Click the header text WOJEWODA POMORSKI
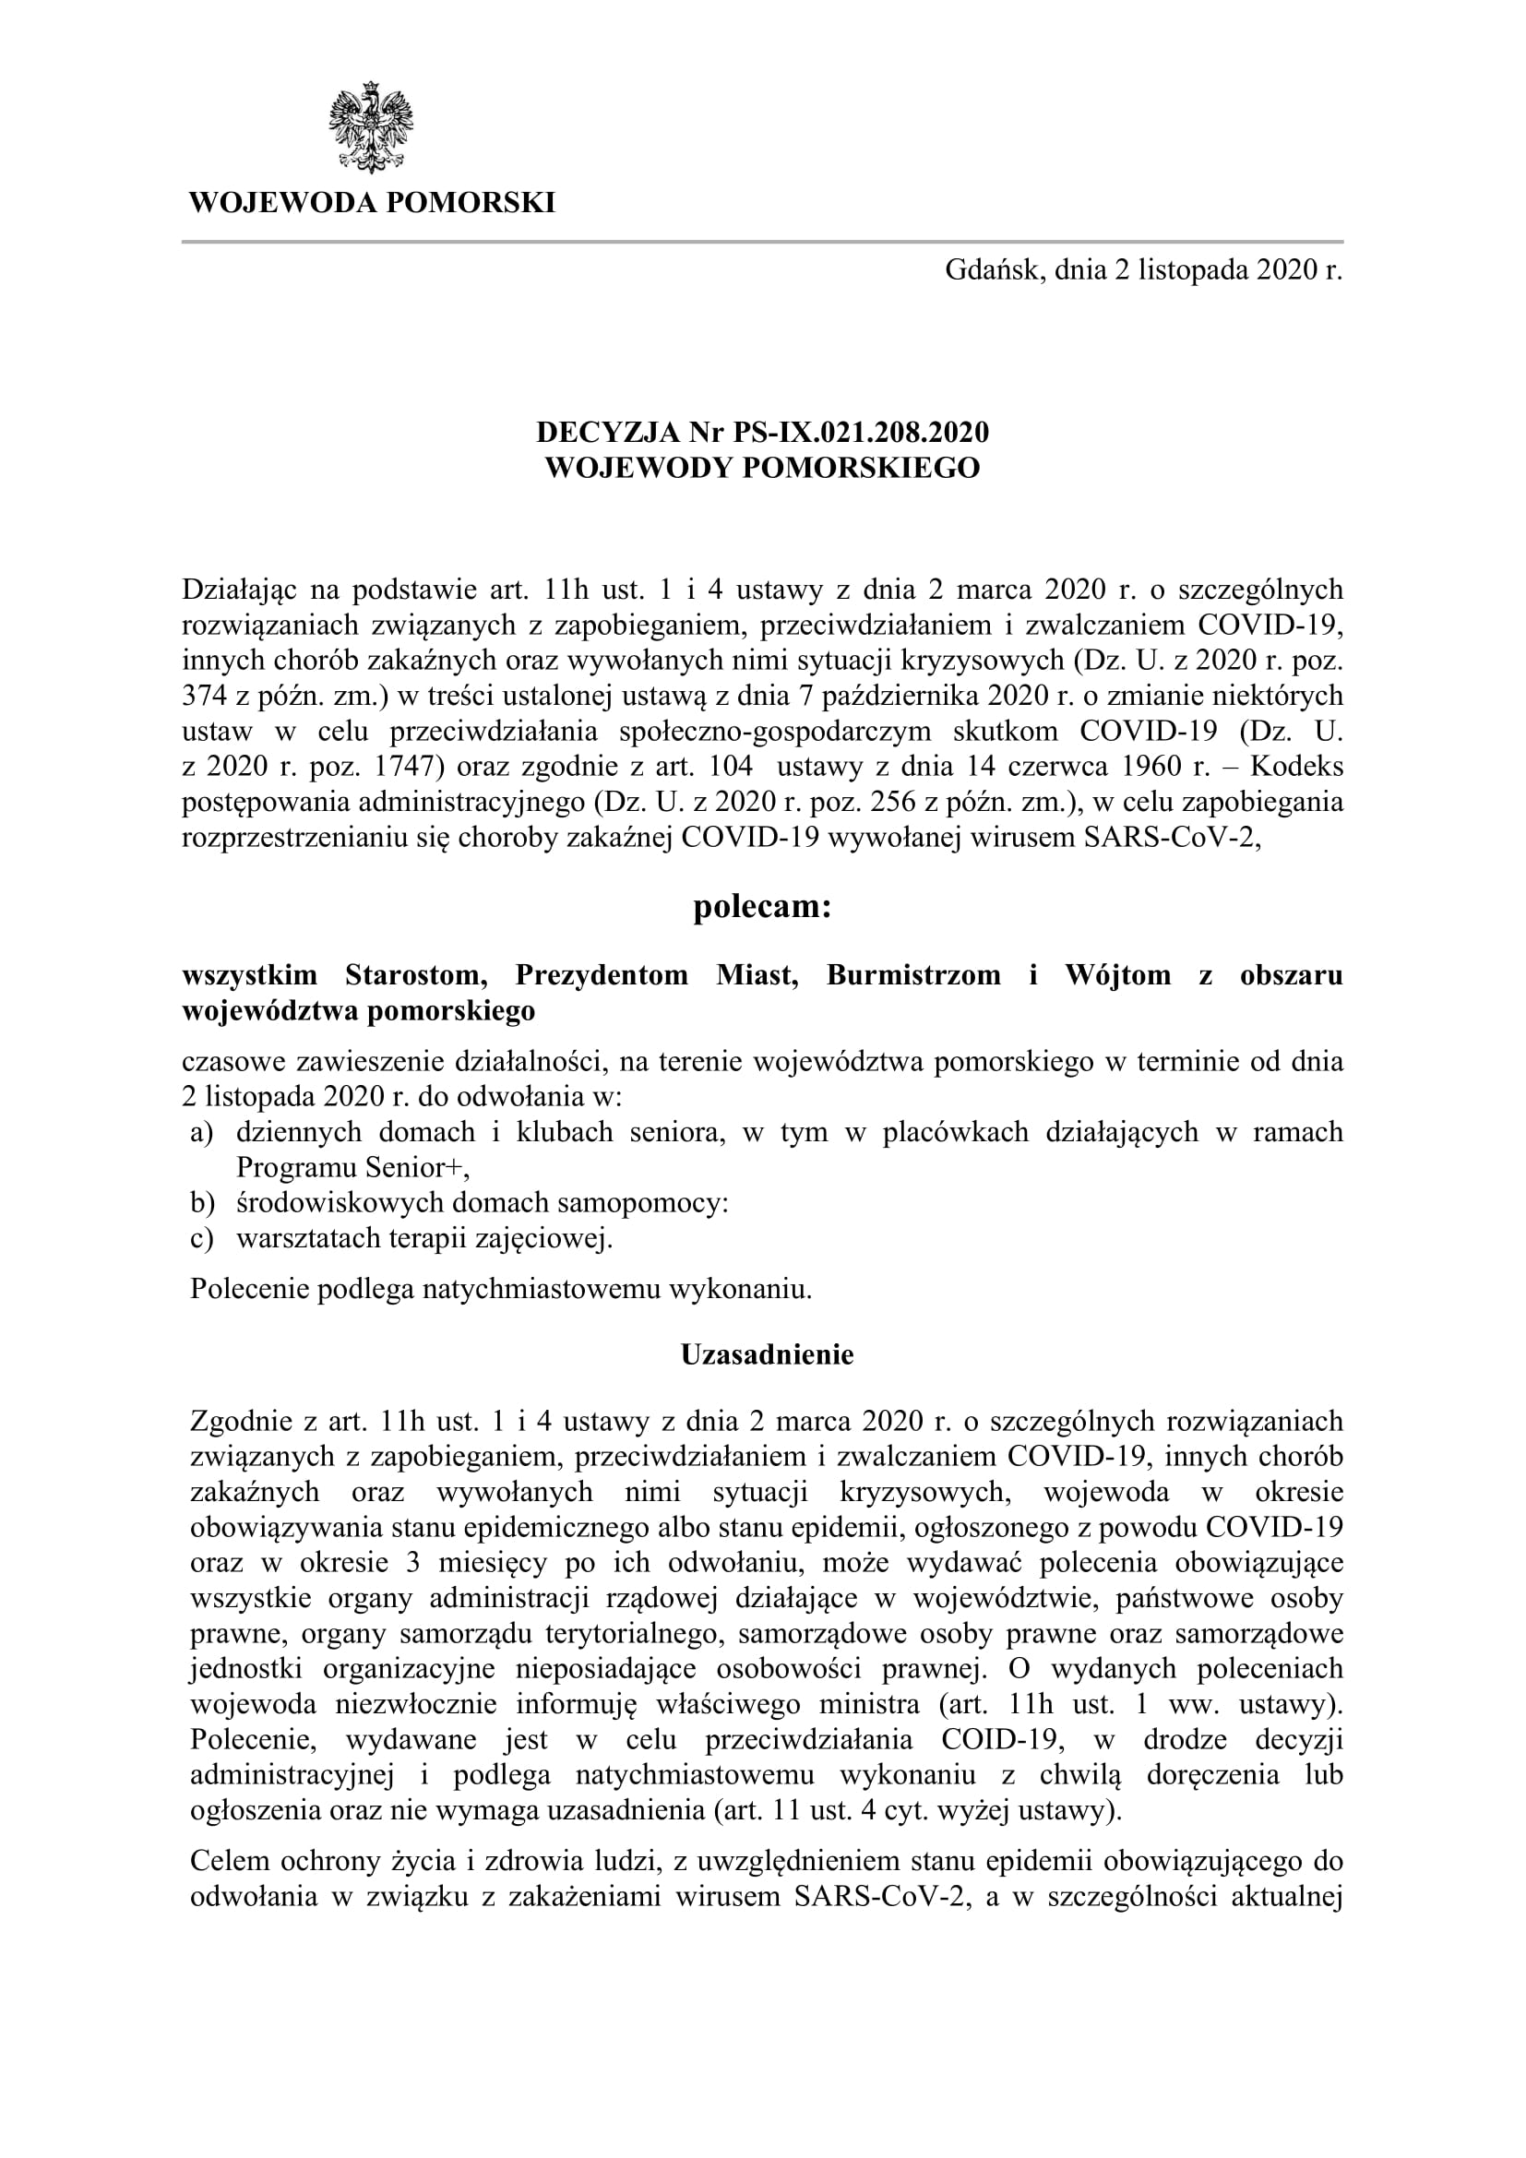tap(372, 203)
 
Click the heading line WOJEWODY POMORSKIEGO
tap(762, 467)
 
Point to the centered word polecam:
tap(762, 908)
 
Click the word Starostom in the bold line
tap(415, 974)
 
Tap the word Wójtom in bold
tap(1118, 974)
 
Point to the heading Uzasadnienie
tap(767, 1355)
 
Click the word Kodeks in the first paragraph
tap(1301, 767)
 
